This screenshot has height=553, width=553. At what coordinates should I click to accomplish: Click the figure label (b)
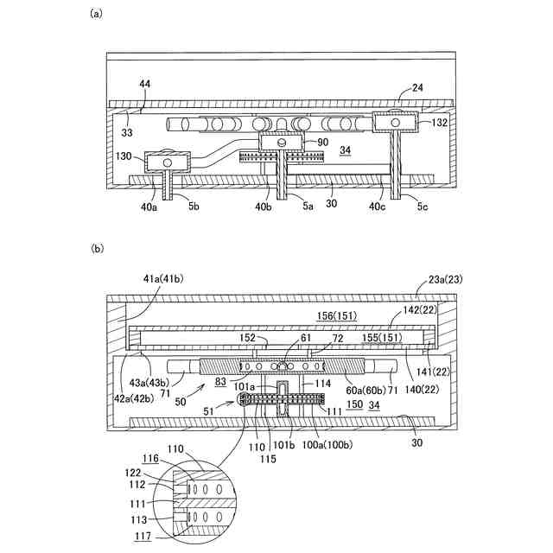97,249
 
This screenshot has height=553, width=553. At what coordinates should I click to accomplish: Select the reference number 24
416,87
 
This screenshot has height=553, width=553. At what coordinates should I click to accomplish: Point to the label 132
440,124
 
